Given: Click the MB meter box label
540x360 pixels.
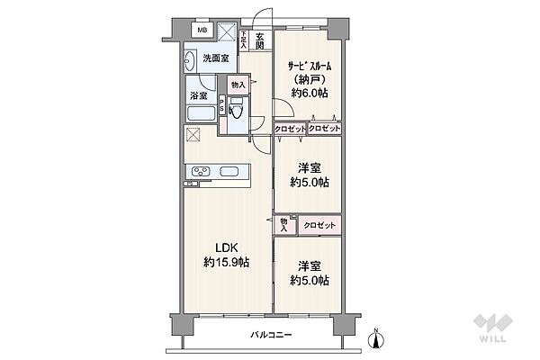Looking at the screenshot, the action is coord(202,30).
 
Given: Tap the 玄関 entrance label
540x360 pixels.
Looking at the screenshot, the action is coord(260,40).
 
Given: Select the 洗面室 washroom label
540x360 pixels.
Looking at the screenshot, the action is coord(216,58).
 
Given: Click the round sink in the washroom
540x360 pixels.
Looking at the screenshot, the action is coord(188,61).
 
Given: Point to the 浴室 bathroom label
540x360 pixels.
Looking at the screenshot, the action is coord(199,95).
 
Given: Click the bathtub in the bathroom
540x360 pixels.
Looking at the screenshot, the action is coord(201,113).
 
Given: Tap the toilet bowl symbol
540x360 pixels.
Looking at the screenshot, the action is coord(236,110).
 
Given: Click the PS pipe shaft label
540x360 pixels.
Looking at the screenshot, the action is coord(221,104).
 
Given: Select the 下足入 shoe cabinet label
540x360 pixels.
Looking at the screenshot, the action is coord(244,40).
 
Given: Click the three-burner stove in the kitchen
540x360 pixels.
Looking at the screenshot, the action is coord(201,171).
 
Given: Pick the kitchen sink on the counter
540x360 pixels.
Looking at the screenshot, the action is coord(229,171).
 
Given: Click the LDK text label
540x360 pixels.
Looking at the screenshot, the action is coord(226,247).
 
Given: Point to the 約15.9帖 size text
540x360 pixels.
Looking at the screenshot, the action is coord(226,263).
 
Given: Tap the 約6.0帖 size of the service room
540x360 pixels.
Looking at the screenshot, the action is coord(310,93).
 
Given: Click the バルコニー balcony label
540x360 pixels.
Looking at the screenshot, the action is coord(272,335).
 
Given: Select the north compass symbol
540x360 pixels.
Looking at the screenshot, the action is coord(376,338).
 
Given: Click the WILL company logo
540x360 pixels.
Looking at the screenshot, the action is coord(492,328).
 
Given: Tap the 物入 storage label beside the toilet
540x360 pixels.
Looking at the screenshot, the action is coord(238,85).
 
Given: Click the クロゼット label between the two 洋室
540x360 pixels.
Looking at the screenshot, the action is coord(319,226).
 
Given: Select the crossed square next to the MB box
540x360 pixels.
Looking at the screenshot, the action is coord(228,31).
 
